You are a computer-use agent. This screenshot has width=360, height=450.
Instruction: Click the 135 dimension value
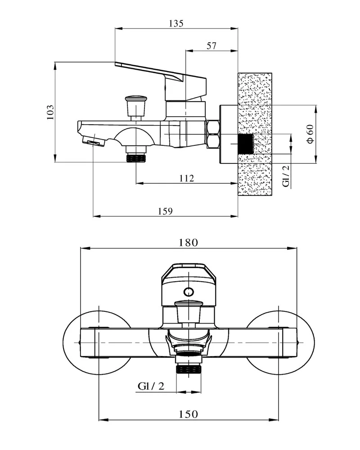coord(176,24)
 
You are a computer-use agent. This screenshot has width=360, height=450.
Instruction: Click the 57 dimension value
coord(211,45)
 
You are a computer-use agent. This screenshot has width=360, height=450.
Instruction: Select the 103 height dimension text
coord(50,112)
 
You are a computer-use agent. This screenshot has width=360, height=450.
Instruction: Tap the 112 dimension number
coord(186,178)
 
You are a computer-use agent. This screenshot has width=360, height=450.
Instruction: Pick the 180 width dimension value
coord(188,243)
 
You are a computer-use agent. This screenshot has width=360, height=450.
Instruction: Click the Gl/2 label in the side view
coord(287,175)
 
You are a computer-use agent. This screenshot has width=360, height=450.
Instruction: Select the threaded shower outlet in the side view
coord(136,157)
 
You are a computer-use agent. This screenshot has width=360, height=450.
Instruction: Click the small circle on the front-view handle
coord(189,291)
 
